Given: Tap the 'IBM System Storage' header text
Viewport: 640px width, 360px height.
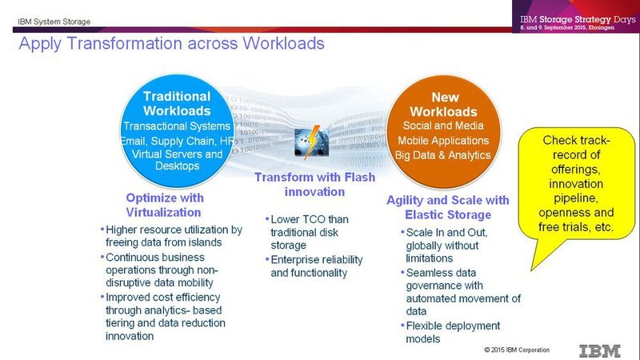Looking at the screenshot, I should click(x=55, y=21).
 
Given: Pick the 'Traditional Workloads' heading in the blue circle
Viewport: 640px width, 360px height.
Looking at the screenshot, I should click(x=177, y=104).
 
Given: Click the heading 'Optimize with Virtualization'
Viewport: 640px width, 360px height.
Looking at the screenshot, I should click(x=165, y=204).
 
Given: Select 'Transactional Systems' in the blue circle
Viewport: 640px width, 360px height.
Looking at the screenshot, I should click(x=177, y=126).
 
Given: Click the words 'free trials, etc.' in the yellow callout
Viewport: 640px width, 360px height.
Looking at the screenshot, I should click(x=577, y=227).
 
